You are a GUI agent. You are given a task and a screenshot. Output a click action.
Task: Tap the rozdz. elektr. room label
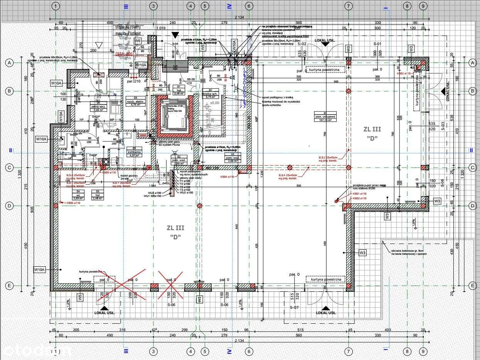pyautogui.click(x=135, y=101)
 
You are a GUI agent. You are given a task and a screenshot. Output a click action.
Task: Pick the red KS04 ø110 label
pyautogui.click(x=227, y=176)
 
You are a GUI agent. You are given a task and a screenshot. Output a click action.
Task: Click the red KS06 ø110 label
pyautogui.click(x=73, y=202)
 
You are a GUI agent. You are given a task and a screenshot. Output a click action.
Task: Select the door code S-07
pyautogui.click(x=294, y=307)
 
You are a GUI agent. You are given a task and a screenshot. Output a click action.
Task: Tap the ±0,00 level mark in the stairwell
pyautogui.click(x=214, y=103)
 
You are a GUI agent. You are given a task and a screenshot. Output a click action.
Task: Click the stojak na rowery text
pyautogui.click(x=128, y=27)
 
